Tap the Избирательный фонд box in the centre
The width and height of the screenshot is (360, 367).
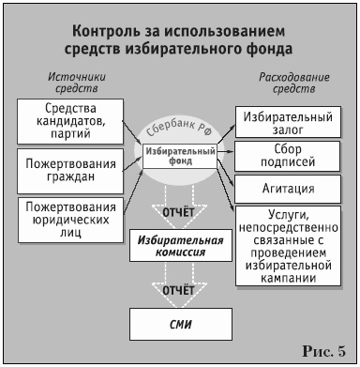tap(181, 154)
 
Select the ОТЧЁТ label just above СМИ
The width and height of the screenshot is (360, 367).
tap(179, 291)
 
